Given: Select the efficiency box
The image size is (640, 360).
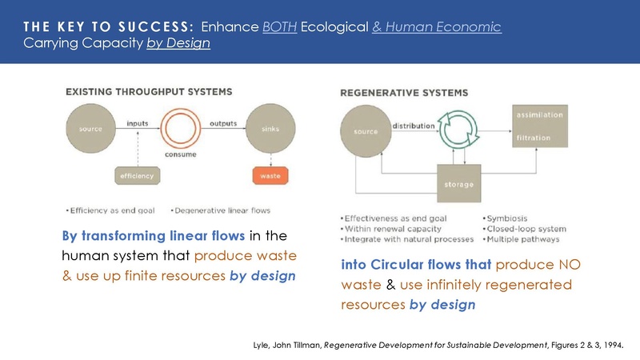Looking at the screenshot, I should click(135, 174).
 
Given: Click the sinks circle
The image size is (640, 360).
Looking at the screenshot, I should click(270, 128).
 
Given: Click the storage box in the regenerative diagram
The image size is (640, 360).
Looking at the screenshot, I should click(459, 186).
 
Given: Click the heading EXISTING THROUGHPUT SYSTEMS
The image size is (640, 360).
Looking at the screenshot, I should click(149, 91).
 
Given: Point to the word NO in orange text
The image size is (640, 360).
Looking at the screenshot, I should click(574, 265).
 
